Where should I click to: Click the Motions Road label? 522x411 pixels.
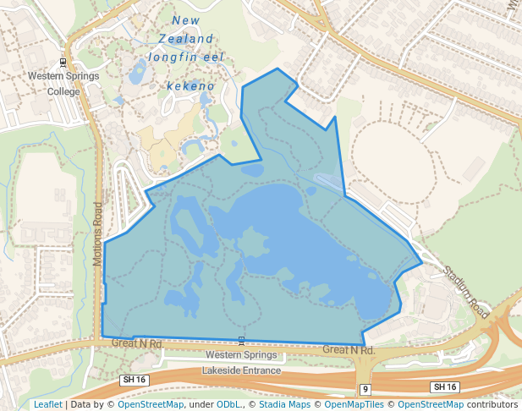[x=98, y=235]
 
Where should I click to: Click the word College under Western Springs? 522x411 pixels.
[x=63, y=91]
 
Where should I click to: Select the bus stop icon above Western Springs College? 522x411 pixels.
[x=63, y=62]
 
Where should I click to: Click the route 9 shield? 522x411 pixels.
[x=365, y=389]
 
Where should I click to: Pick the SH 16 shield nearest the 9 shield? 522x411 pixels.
[x=444, y=386]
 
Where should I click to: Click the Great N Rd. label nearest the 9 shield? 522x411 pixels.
[x=348, y=349]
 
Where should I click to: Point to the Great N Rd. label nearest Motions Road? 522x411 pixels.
[x=137, y=344]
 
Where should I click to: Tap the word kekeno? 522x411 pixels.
[x=190, y=86]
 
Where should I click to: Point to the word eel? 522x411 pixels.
[x=215, y=58]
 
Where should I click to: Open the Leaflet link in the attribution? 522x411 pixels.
[x=47, y=404]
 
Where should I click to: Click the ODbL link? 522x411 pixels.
[x=229, y=404]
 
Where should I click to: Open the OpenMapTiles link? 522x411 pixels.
[x=354, y=404]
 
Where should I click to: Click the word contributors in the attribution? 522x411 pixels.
[x=492, y=404]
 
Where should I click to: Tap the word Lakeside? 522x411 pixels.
[x=222, y=370]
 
